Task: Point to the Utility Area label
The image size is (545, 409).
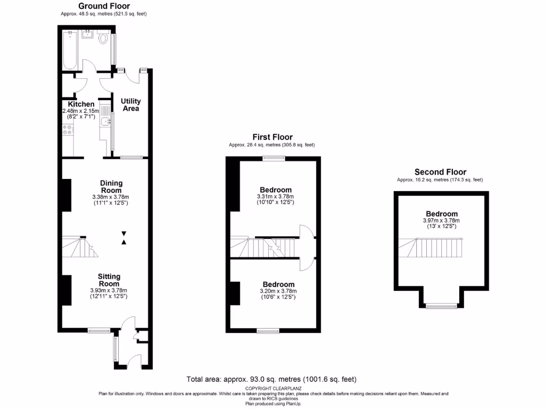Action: (130, 104)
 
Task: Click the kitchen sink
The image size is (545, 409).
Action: (105, 122)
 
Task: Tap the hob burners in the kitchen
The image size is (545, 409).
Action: (67, 133)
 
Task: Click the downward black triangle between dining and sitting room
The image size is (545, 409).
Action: (124, 233)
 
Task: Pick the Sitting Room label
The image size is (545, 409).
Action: (109, 280)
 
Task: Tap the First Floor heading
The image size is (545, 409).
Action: (272, 137)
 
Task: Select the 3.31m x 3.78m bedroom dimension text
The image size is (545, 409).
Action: (275, 197)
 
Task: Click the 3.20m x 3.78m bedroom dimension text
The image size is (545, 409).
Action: (278, 291)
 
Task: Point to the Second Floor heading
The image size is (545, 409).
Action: (440, 172)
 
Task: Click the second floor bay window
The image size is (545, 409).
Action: (441, 306)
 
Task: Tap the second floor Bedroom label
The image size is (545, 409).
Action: (441, 214)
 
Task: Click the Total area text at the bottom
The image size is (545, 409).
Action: (271, 379)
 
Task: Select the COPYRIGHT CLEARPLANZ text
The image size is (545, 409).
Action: (271, 389)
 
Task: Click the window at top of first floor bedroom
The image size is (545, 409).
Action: (274, 158)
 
